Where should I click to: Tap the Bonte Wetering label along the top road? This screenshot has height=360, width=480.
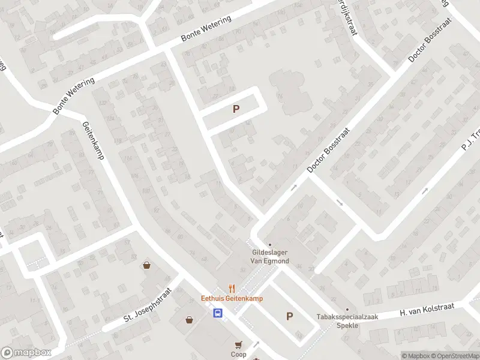[x=206, y=29]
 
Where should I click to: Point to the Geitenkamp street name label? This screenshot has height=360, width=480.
[x=93, y=140]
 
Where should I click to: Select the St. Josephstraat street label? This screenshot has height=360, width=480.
[x=148, y=305]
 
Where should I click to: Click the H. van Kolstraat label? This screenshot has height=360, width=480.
[x=427, y=310]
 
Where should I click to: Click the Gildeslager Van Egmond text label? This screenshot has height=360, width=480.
[x=269, y=257]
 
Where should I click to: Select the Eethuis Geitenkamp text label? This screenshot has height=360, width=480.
[x=232, y=298]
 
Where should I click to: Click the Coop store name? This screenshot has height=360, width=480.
[x=239, y=354]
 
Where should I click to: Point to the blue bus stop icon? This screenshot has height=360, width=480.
[x=218, y=313]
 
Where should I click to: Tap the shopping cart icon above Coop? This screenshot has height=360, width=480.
[x=239, y=344]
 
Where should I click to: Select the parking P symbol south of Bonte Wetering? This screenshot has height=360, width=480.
[x=236, y=109]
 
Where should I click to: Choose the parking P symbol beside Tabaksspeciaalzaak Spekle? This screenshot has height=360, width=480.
[x=289, y=316]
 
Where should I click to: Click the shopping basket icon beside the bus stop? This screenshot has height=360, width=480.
[x=190, y=320]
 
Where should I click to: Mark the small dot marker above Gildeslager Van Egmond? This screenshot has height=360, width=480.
[x=269, y=244]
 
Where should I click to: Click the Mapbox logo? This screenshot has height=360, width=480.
[x=26, y=353]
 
